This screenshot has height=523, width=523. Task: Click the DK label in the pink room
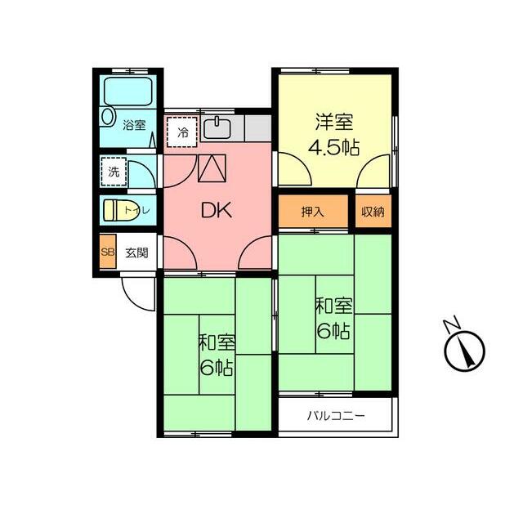pos(217,210)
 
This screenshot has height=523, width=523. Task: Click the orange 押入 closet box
pos(312,212)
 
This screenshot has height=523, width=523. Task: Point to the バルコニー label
pos(336,415)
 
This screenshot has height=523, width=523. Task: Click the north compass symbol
pos(465,351)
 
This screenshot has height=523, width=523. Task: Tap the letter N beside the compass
pos(451,324)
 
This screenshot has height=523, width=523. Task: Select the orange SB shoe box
pos(107,253)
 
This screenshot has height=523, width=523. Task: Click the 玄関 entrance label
pos(136,253)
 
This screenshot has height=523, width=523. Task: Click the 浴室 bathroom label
pos(134,125)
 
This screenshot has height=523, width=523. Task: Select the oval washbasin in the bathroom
pos(108,117)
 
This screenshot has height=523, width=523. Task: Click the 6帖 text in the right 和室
pos(335,331)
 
